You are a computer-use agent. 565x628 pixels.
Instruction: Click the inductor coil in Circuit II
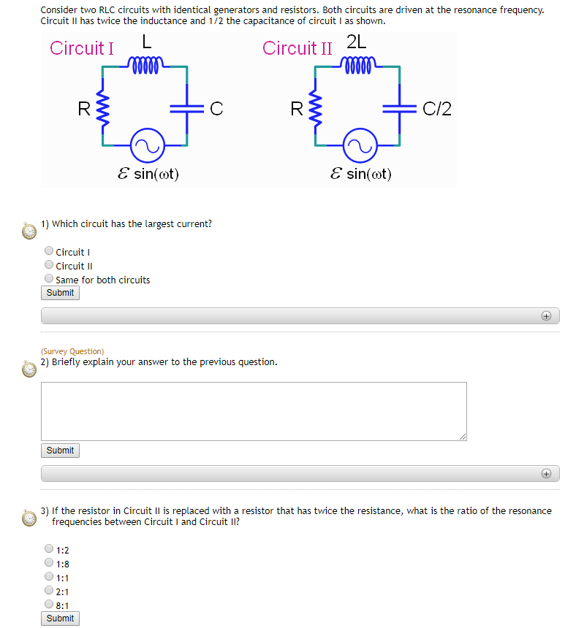(x=357, y=67)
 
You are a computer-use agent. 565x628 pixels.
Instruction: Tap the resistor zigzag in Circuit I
(x=103, y=110)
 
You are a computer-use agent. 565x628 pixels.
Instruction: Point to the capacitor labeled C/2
(x=400, y=109)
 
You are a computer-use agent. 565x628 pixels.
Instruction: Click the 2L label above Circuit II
(x=357, y=43)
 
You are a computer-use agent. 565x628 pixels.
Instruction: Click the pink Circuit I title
(x=82, y=48)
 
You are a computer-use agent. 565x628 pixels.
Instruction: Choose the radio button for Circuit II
(x=49, y=266)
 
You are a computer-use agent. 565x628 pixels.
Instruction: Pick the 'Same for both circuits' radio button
(x=49, y=279)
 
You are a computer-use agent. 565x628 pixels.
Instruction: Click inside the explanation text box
(x=253, y=410)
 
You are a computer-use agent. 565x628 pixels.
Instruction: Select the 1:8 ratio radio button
(x=49, y=563)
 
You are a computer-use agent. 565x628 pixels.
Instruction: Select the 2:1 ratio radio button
(x=49, y=591)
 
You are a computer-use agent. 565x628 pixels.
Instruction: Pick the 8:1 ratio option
(x=49, y=605)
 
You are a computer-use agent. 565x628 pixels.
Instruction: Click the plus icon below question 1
(x=545, y=316)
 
